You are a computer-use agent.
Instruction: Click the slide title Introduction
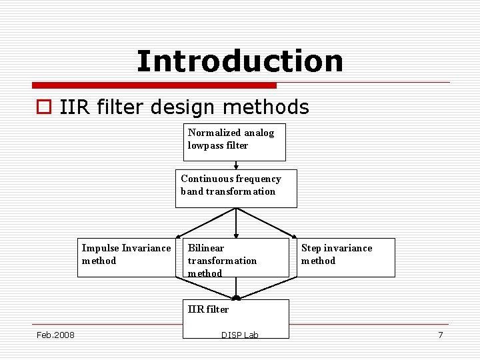pyautogui.click(x=240, y=61)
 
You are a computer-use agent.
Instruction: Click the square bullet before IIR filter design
pyautogui.click(x=45, y=107)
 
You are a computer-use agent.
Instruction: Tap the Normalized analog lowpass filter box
pyautogui.click(x=234, y=142)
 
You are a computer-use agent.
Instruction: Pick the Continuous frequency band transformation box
pyautogui.click(x=236, y=188)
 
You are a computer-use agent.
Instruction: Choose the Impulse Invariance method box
pyautogui.click(x=126, y=257)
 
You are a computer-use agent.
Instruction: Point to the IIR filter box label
pyautogui.click(x=208, y=309)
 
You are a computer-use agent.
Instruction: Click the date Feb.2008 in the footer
pyautogui.click(x=55, y=335)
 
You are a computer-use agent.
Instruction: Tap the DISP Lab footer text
pyautogui.click(x=239, y=335)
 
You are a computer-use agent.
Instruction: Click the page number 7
pyautogui.click(x=440, y=335)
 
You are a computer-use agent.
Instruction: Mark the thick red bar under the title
pyautogui.click(x=154, y=85)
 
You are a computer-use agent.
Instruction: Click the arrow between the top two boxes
pyautogui.click(x=235, y=165)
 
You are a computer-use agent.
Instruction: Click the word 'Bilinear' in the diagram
pyautogui.click(x=206, y=248)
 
